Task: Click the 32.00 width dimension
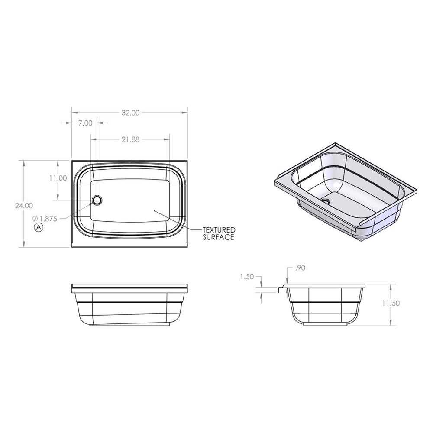[130, 113]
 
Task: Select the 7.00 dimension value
[85, 123]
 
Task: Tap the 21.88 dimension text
[130, 139]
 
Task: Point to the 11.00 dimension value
[58, 178]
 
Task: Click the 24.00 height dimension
[23, 206]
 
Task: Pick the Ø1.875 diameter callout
[45, 219]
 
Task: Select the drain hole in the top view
[97, 200]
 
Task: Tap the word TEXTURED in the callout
[219, 229]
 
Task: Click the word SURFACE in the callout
[219, 237]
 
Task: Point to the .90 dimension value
[300, 268]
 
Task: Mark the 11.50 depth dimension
[391, 303]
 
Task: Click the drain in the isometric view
[325, 201]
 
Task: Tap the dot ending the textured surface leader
[155, 210]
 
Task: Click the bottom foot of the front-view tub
[130, 324]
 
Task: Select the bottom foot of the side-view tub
[325, 323]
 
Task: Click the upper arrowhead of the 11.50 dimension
[391, 286]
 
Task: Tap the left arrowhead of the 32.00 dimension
[74, 113]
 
